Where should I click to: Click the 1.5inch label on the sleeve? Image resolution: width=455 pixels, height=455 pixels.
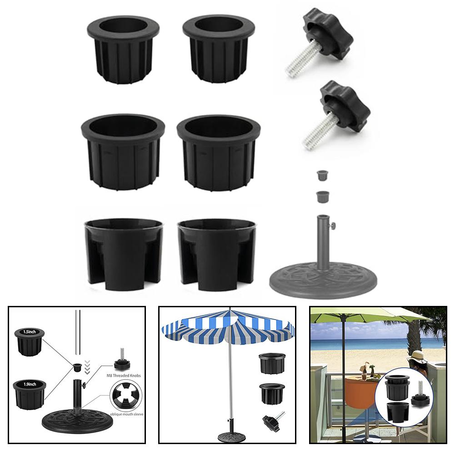click(x=30, y=332)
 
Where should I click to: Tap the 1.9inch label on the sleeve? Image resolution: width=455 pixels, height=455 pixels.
click(x=30, y=385)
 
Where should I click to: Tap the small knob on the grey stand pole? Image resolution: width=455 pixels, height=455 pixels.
click(x=333, y=225)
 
